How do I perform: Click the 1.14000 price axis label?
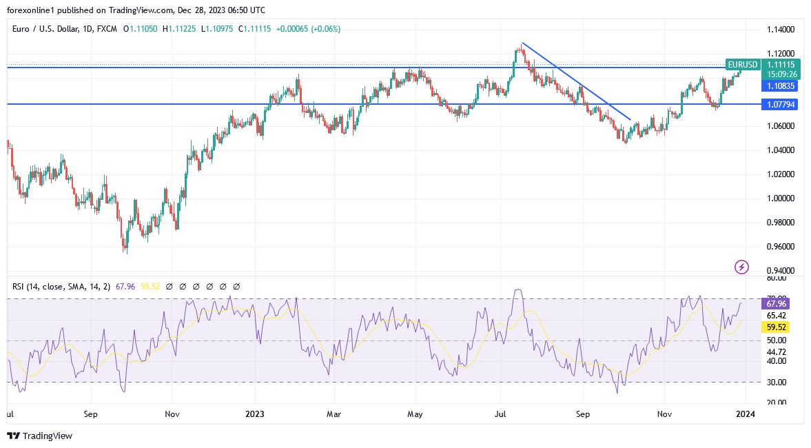coord(781,30)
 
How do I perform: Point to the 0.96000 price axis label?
coord(781,247)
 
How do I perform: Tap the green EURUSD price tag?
coord(743,65)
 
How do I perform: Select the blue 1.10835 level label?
coord(780,85)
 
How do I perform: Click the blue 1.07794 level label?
coord(780,104)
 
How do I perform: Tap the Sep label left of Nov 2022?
coord(91,414)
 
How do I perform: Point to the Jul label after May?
coord(501,414)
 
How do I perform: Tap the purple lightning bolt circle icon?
coord(741,267)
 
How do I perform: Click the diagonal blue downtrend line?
coord(576,81)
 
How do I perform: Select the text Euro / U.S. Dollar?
coord(45,29)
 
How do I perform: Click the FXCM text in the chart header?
coord(106,29)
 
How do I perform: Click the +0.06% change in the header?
coord(326,29)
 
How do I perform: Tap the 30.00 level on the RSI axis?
coord(777,383)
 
